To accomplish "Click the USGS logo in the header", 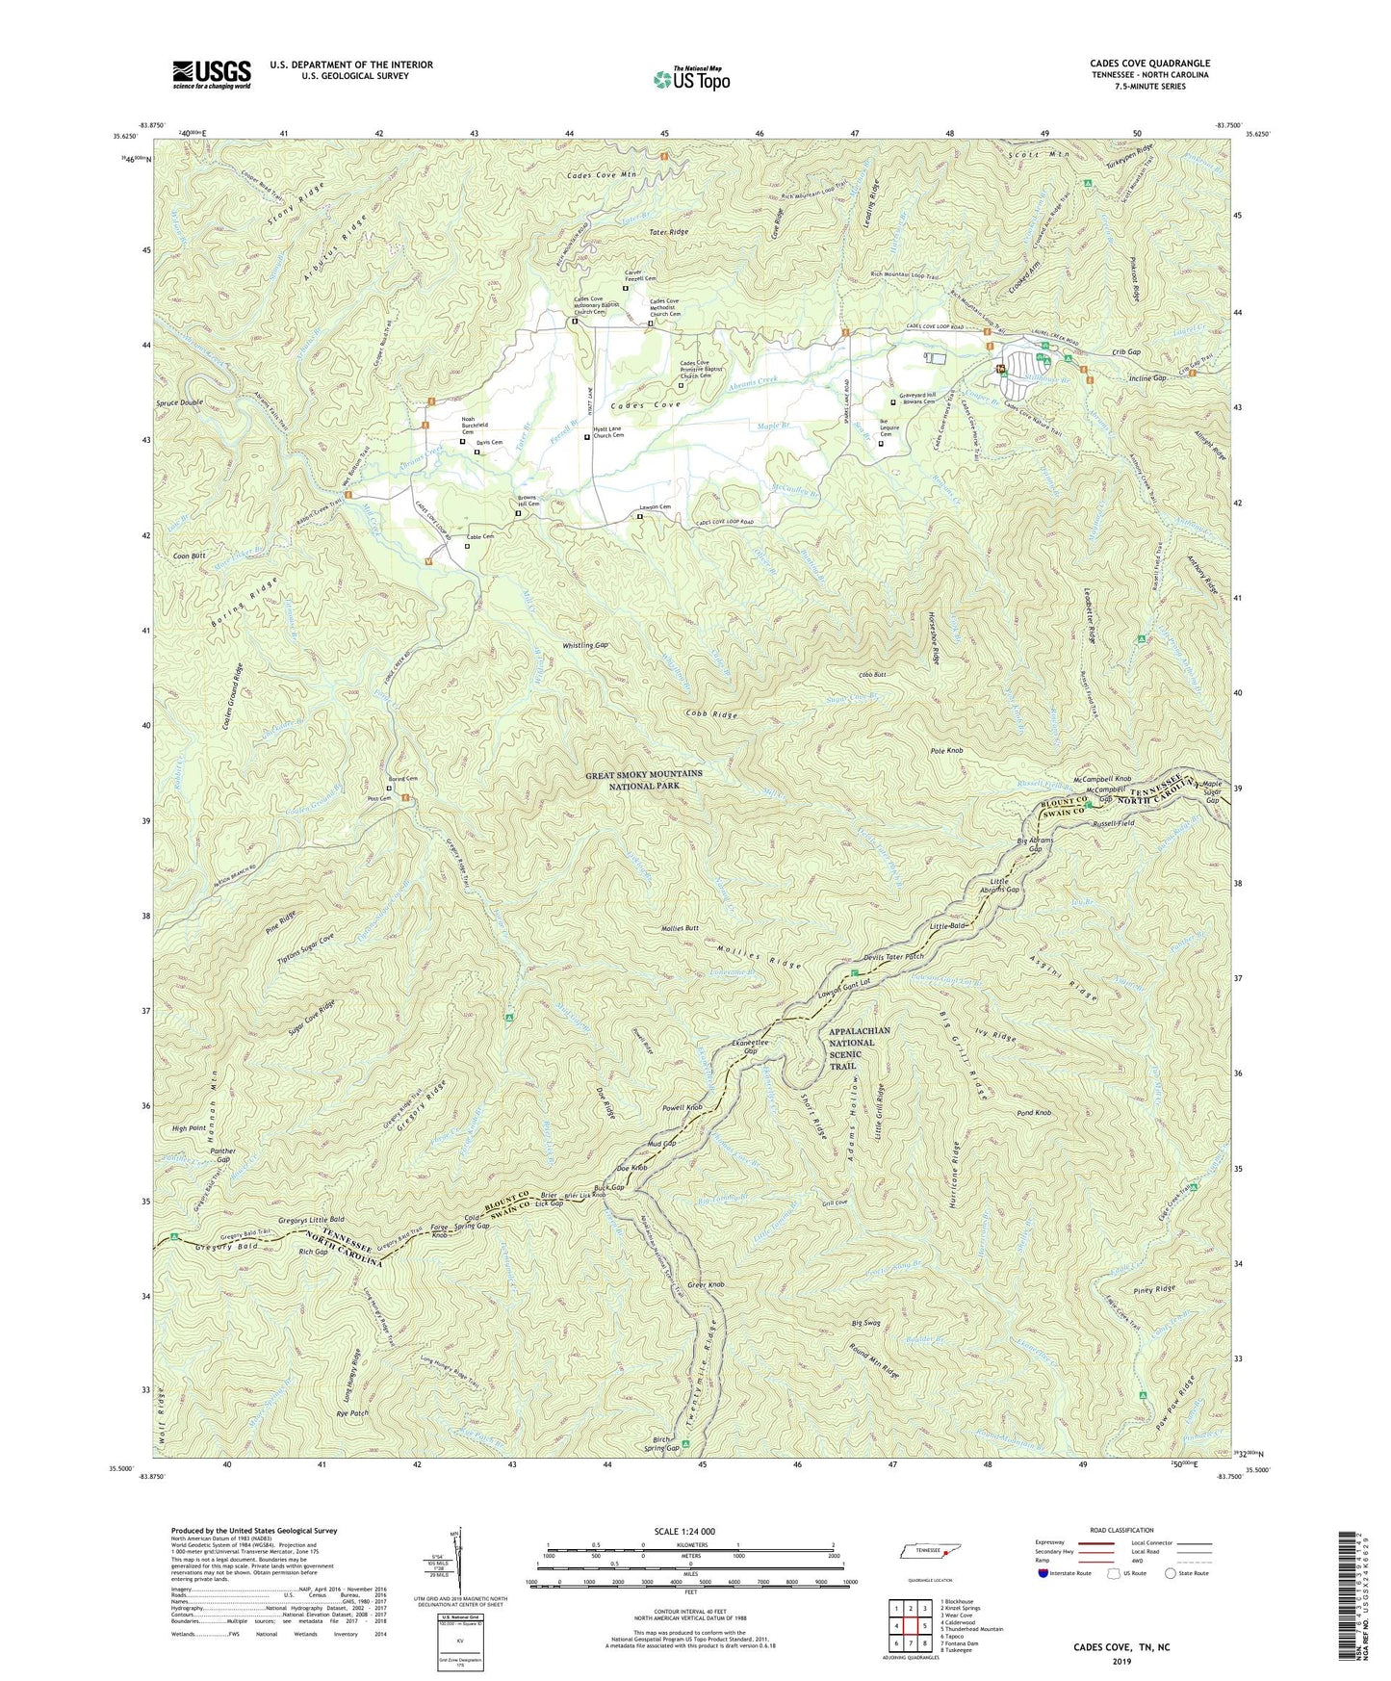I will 212,74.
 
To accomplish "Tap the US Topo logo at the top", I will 690,79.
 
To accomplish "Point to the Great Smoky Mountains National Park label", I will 644,780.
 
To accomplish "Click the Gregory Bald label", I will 215,1249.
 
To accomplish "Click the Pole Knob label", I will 947,750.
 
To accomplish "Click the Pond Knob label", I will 1036,1113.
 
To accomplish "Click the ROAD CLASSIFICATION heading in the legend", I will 1121,1530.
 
